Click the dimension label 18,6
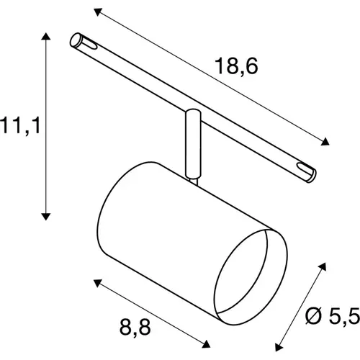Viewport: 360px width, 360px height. pyautogui.click(x=235, y=67)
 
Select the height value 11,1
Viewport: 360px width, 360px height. pyautogui.click(x=19, y=127)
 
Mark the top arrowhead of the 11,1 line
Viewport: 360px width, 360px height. pyautogui.click(x=47, y=36)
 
